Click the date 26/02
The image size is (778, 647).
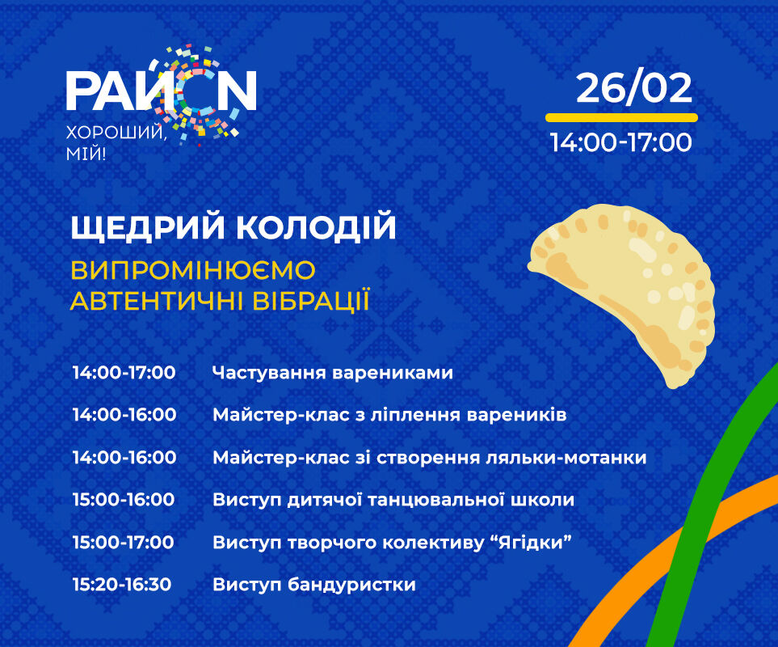pos(633,89)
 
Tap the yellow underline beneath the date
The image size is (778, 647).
pos(621,118)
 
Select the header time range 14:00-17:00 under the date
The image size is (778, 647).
pos(620,142)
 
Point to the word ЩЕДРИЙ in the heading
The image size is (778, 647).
pos(149,228)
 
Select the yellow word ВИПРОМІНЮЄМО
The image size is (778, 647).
pos(194,271)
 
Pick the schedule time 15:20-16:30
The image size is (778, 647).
pos(121,585)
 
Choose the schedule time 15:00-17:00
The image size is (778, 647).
pos(123,542)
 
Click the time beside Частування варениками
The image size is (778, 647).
pos(124,372)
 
